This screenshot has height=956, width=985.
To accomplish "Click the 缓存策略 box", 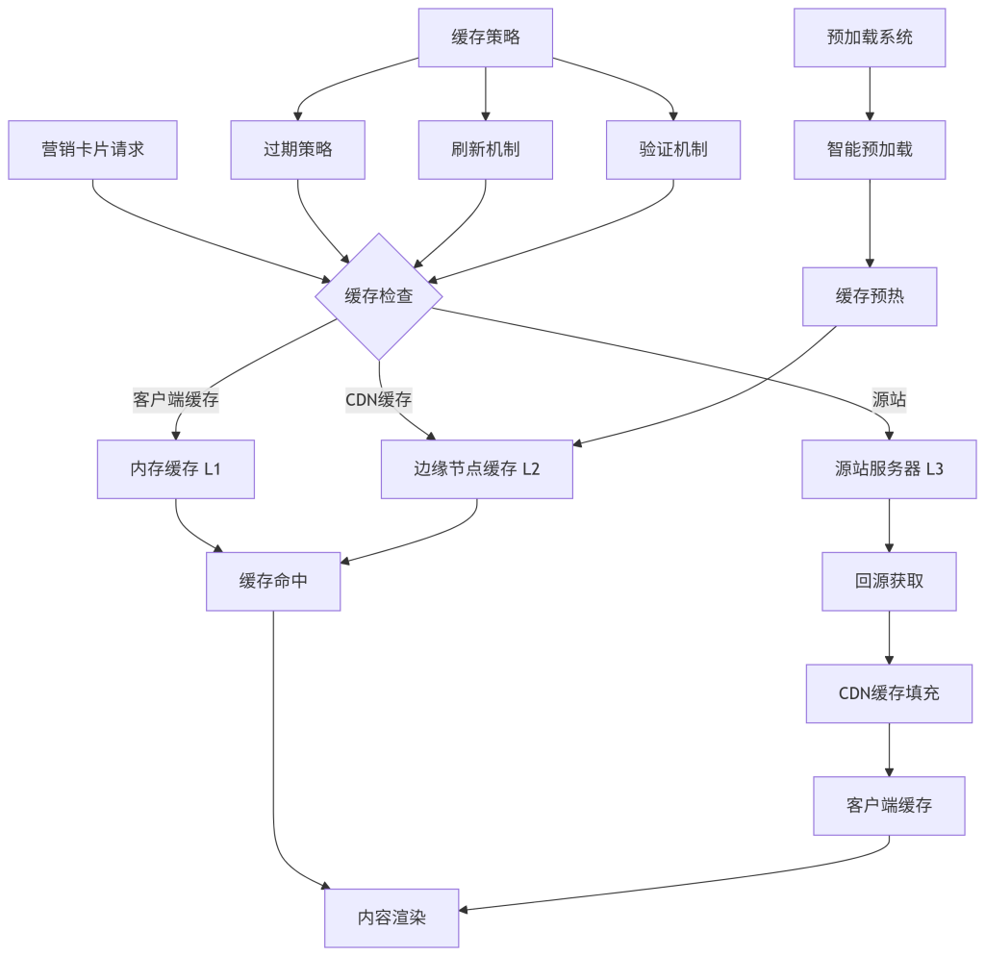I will click(485, 38).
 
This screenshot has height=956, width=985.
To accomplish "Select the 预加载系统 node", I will click(870, 38).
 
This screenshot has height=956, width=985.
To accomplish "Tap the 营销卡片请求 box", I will click(92, 149).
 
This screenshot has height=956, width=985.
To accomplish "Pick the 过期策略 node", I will click(297, 149).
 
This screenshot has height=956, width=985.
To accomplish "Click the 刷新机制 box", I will click(485, 149).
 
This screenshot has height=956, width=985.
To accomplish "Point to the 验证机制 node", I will click(673, 149).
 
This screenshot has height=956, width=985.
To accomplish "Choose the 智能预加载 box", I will click(870, 149).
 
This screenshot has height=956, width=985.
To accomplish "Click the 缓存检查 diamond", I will click(379, 296).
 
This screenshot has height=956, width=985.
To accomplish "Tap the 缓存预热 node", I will click(870, 296).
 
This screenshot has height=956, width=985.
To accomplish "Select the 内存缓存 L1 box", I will click(176, 469).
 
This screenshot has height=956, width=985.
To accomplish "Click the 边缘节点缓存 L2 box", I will click(477, 469).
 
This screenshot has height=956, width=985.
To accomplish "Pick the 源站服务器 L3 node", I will click(889, 469).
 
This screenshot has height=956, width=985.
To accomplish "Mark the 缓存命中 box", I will click(273, 581).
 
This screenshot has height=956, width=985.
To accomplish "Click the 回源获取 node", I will click(889, 581).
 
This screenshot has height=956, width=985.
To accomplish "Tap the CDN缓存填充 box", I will click(889, 693).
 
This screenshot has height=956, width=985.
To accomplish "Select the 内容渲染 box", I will click(391, 918).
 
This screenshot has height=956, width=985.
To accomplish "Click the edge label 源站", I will click(889, 399).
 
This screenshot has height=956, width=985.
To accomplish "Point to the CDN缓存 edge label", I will click(379, 399).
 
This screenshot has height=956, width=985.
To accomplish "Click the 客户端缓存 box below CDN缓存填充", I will click(889, 806).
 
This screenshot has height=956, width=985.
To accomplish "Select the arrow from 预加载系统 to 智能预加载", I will click(870, 93).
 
